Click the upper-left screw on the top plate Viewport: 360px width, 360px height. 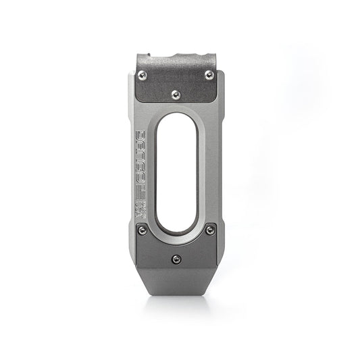(143, 74)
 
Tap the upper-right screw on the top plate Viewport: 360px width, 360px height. (210, 74)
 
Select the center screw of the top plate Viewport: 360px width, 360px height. (176, 95)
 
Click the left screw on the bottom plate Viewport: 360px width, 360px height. (142, 230)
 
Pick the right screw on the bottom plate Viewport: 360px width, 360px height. (211, 230)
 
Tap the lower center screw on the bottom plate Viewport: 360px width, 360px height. (176, 257)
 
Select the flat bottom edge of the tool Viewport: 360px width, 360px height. (176, 295)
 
